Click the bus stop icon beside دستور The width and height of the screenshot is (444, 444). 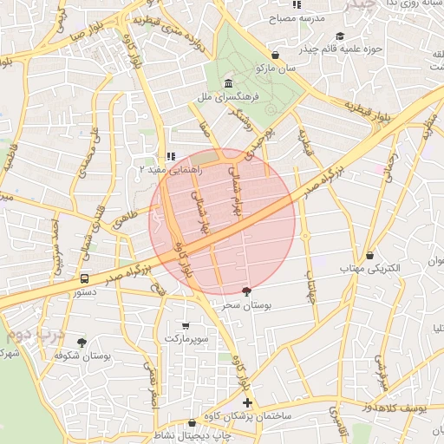[85, 279]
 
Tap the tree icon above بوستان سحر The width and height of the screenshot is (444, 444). [247, 292]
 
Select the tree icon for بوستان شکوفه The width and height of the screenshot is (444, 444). [82, 343]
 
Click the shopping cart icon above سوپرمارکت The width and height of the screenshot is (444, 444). [186, 323]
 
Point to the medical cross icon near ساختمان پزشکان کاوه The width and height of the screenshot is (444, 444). [248, 402]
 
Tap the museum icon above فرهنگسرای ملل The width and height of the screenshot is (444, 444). [228, 83]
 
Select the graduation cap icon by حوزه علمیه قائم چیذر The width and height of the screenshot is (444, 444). [340, 36]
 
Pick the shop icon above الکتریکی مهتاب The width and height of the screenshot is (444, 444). [371, 256]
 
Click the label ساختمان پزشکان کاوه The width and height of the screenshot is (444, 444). [250, 417]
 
